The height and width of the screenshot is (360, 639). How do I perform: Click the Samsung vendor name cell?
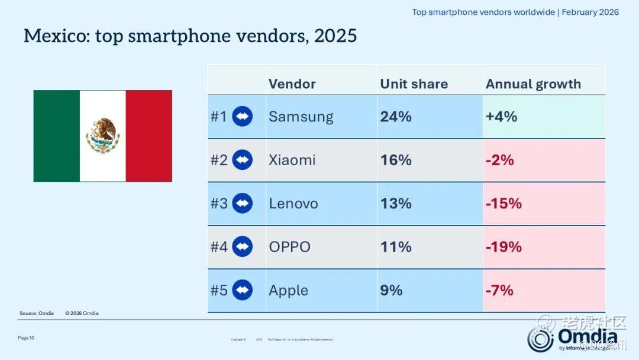coord(301,117)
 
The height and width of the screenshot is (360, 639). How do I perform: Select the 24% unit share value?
coord(396,117)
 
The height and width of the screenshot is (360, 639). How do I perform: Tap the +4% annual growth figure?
coord(501,117)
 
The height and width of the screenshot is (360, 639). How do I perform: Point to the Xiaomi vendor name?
coord(292,160)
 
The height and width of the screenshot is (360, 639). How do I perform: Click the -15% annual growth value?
coord(504,204)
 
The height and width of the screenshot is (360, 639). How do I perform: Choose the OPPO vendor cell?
coord(289,247)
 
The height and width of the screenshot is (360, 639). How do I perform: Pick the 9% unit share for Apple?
coord(391,290)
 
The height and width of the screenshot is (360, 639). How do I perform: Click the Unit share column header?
coord(414,84)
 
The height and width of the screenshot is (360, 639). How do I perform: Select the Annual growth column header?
coord(533,84)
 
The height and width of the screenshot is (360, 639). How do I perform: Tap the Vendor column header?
coord(292,84)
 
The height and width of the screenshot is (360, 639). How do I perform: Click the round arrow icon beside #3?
coord(243,204)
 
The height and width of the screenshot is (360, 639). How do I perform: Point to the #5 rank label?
coord(219,290)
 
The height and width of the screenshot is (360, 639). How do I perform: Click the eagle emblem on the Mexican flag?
coord(103,136)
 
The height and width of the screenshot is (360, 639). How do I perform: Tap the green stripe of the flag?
coord(57,136)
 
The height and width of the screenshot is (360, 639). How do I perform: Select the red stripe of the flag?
coord(149,136)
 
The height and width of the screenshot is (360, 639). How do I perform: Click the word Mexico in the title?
coord(54,36)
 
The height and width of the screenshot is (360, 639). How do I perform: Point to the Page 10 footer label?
coord(26,337)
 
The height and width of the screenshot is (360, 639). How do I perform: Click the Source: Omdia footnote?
coord(36,313)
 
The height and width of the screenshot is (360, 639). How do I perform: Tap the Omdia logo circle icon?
coord(541,339)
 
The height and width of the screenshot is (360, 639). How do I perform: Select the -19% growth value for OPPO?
coord(504,247)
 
